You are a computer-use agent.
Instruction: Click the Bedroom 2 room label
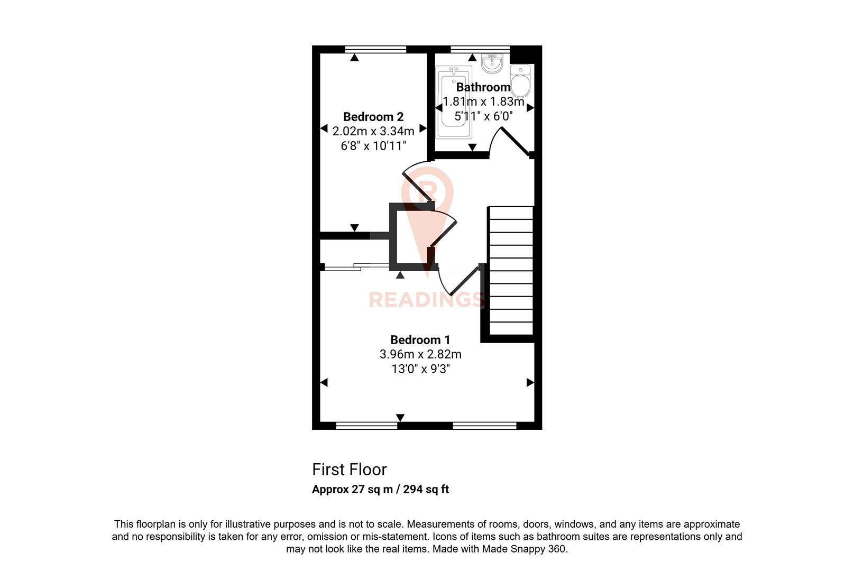(373, 117)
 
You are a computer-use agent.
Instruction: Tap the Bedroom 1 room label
(420, 340)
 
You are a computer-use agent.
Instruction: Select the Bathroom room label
(483, 87)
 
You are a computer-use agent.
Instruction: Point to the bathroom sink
(492, 64)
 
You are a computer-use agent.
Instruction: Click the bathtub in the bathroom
(453, 102)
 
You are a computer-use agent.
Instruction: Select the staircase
(511, 270)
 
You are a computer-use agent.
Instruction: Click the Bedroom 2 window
(375, 49)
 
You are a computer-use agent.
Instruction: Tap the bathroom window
(480, 49)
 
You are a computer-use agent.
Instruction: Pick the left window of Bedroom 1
(366, 425)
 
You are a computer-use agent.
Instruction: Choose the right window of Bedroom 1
(484, 425)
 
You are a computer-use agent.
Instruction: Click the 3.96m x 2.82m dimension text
(420, 354)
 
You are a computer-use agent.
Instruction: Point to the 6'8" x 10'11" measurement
(373, 146)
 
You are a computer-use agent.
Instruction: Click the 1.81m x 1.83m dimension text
(483, 102)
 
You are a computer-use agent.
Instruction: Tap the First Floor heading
(350, 469)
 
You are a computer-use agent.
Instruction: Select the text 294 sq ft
(426, 489)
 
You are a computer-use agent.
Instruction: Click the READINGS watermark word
(426, 300)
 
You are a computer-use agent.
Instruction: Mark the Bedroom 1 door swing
(458, 280)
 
